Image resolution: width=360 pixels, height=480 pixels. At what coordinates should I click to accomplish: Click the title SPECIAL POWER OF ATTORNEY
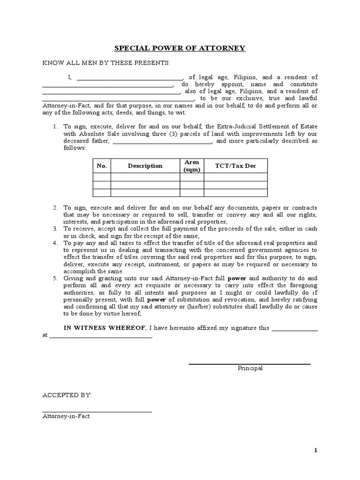coord(180,48)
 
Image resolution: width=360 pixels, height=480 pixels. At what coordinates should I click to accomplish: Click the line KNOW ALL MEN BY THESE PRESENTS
coord(107,63)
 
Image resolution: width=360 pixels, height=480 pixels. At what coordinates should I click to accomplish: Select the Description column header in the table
coord(145,166)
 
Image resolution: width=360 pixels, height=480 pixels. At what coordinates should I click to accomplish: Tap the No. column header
coord(102,166)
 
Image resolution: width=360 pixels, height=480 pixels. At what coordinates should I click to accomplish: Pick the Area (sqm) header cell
coord(192,166)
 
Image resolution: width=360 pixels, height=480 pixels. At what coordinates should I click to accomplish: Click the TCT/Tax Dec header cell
coord(235,166)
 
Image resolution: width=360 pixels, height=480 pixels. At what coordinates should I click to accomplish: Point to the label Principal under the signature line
coord(250,368)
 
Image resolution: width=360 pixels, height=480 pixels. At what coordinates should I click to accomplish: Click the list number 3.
coord(55,228)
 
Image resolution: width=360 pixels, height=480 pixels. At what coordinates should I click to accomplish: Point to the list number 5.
coord(55,278)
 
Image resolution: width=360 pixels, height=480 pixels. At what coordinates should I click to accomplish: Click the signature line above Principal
coord(249,364)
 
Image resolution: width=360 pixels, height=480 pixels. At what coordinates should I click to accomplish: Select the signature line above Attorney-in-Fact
coord(97,412)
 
